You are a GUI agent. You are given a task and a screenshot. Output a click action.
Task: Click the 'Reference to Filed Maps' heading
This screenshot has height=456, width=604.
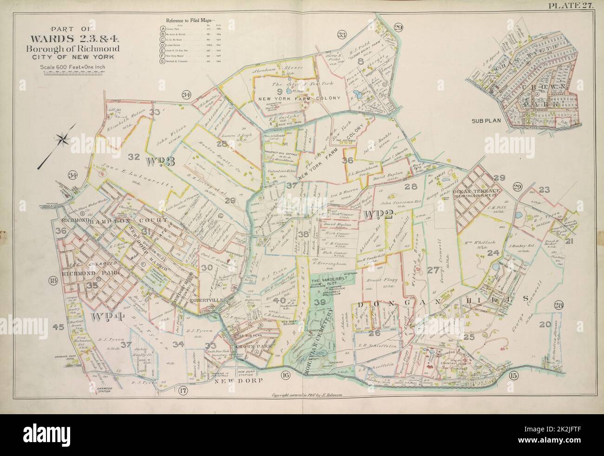(x=188, y=20)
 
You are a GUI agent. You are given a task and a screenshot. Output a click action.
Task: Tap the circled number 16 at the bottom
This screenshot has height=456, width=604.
(x=285, y=375)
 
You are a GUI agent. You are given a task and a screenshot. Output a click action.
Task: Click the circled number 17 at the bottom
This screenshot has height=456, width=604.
(x=183, y=390)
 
